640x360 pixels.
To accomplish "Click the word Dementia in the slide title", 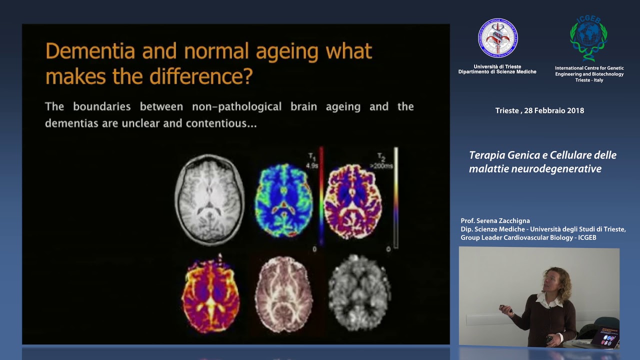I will point(88,51).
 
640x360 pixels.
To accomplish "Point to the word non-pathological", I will point(237,106).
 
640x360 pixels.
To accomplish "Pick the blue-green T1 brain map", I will point(283,200).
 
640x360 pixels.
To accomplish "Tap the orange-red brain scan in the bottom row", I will point(210,293).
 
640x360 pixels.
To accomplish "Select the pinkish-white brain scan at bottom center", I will point(283,294).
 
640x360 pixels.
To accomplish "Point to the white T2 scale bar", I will point(395,197).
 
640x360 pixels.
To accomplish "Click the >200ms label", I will point(381,165).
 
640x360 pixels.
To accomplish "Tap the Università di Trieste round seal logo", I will point(497,38).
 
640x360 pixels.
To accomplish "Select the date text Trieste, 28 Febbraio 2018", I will point(539,110).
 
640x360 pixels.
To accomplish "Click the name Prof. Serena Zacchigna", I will point(495,221).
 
